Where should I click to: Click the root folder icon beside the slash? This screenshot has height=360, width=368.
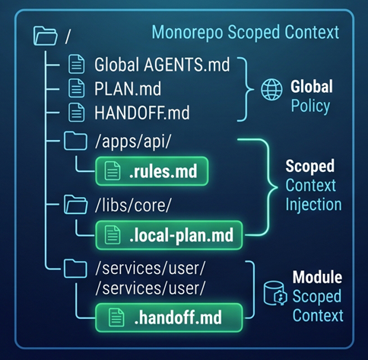click(45, 36)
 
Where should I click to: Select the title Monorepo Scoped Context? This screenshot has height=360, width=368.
click(246, 33)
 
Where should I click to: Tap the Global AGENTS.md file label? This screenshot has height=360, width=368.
click(162, 65)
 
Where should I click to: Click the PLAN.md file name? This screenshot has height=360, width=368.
click(128, 88)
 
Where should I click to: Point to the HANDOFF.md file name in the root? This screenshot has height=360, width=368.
click(142, 113)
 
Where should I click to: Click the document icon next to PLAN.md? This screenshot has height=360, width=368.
click(77, 88)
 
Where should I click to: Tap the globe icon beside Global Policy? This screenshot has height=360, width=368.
click(271, 89)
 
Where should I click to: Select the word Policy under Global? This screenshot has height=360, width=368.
click(310, 106)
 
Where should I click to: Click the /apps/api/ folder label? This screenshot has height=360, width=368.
click(133, 141)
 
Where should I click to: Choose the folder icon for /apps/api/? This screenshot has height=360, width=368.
click(75, 141)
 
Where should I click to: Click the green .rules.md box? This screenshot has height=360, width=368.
click(152, 171)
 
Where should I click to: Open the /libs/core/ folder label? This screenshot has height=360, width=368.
click(133, 205)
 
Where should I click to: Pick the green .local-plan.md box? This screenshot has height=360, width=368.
click(169, 235)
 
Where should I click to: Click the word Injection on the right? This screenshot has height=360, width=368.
click(314, 205)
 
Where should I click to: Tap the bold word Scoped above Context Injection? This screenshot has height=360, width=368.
click(310, 167)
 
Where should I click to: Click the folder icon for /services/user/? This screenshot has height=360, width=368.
click(75, 268)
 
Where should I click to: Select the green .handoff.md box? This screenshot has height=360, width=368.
click(169, 317)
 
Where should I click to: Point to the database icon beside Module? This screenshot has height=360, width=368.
click(275, 293)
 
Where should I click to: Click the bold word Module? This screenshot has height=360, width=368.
click(317, 277)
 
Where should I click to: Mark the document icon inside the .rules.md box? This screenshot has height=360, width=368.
click(113, 170)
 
